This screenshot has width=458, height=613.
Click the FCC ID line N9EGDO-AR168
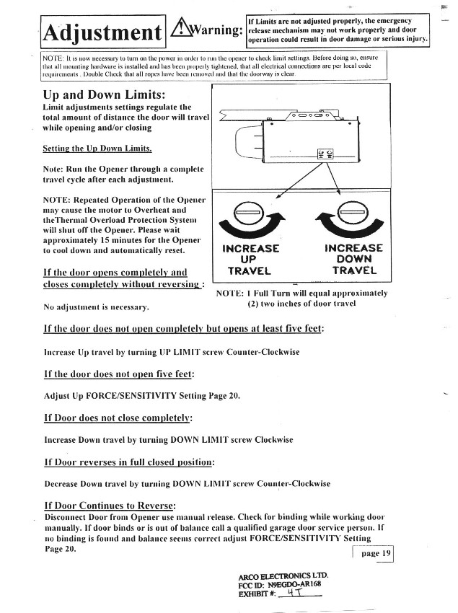tap(283, 585)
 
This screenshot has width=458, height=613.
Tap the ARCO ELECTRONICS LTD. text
tap(283, 575)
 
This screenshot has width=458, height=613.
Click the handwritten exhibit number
tap(294, 594)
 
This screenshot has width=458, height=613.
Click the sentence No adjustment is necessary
tap(96, 308)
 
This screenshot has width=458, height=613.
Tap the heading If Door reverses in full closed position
tap(129, 462)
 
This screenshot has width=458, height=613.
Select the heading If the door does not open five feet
tap(119, 374)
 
